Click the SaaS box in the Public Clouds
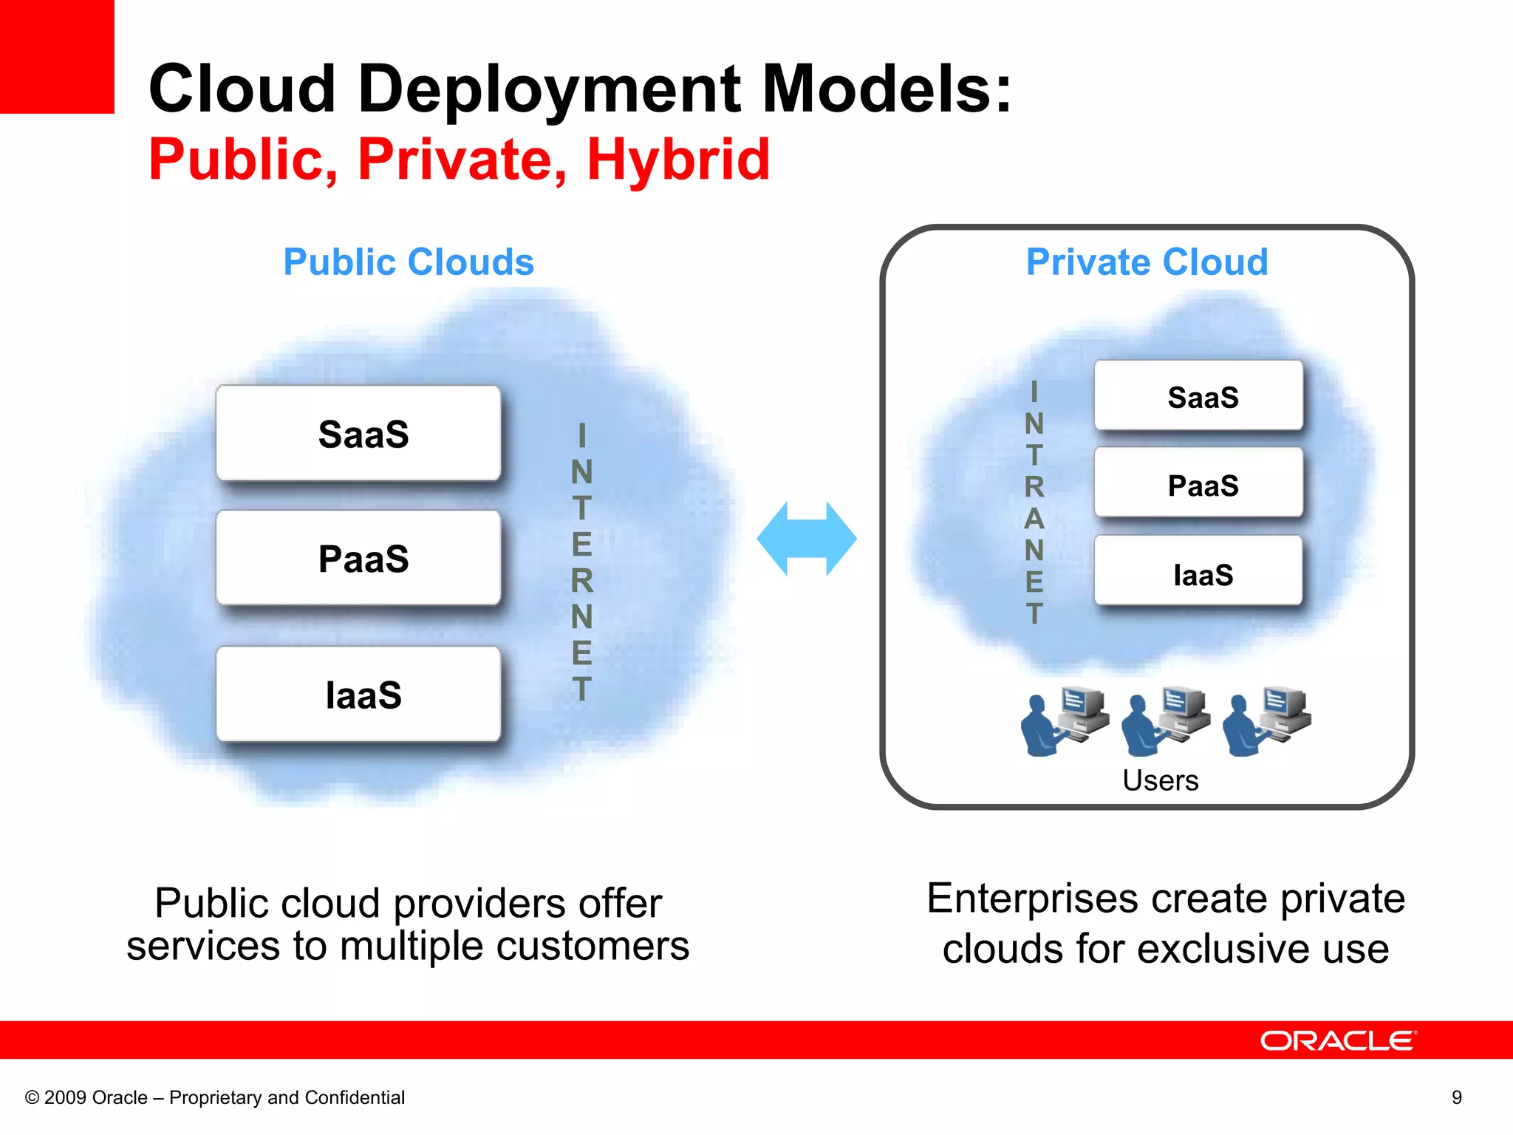click(358, 434)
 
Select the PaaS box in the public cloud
click(358, 559)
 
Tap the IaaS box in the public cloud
click(358, 695)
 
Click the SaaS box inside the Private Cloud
click(1198, 397)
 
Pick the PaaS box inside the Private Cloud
click(1198, 485)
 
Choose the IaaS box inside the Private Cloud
click(1198, 573)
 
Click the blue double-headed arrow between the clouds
click(807, 539)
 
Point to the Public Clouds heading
click(409, 262)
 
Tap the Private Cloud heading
click(1147, 262)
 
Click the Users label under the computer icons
click(1160, 780)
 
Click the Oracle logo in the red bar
click(1338, 1040)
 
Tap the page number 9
click(1456, 1097)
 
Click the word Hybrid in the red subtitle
click(677, 160)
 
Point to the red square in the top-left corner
click(57, 56)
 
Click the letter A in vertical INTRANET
click(1034, 519)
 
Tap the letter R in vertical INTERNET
click(582, 581)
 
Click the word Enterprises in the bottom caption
click(1032, 899)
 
